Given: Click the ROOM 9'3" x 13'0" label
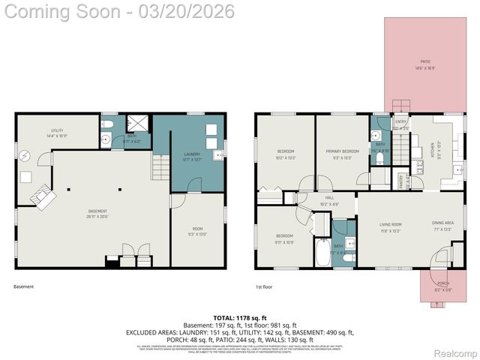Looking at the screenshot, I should click(x=197, y=232).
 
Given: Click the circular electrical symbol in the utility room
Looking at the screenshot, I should click(x=25, y=156).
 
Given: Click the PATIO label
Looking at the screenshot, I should click(x=425, y=62).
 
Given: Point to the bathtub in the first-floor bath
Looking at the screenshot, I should click(x=322, y=253).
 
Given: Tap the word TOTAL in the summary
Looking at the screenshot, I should click(x=224, y=319).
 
